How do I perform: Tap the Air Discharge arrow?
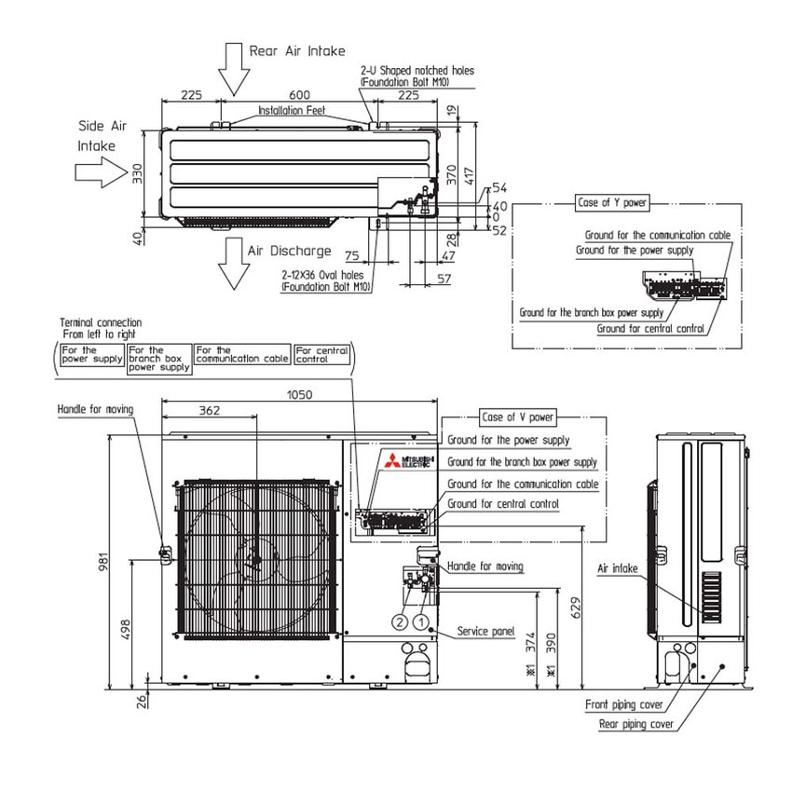click(233, 266)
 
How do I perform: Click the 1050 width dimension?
click(299, 394)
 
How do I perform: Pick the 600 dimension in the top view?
click(299, 95)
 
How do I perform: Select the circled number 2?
click(400, 621)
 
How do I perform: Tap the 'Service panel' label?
click(485, 632)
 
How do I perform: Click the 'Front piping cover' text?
click(623, 705)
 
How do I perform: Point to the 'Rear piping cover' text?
click(636, 724)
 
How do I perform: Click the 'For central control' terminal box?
click(321, 355)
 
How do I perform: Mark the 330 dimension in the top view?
click(136, 175)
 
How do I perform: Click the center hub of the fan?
click(253, 559)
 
